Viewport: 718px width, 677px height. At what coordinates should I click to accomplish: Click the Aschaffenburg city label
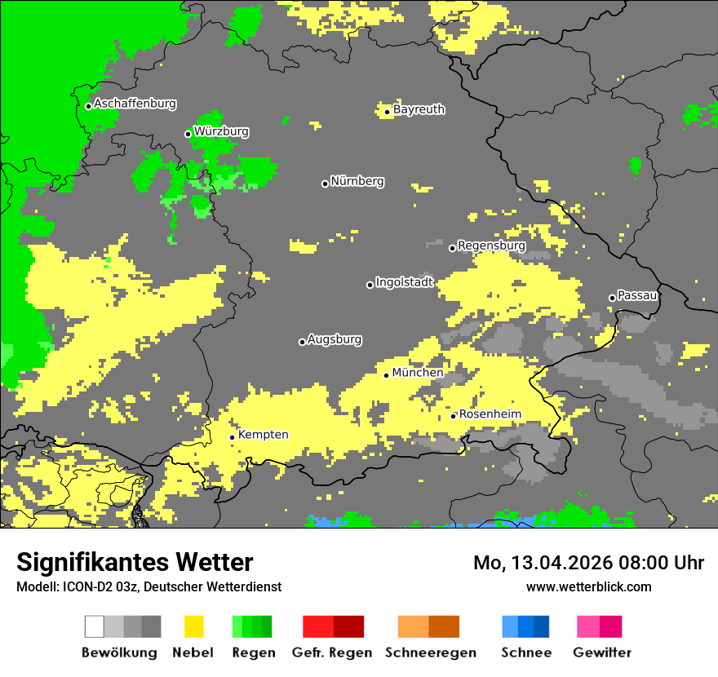click(135, 104)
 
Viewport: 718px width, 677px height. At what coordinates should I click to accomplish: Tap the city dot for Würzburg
click(188, 134)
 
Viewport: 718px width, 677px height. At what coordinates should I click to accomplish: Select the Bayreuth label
click(419, 109)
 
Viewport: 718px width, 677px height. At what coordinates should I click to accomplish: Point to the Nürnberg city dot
click(325, 184)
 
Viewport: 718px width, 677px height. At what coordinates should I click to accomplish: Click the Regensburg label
click(491, 246)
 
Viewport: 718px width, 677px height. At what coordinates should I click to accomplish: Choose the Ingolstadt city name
click(405, 282)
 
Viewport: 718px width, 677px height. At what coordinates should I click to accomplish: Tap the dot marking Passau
click(612, 298)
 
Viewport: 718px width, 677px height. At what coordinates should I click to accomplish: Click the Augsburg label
click(335, 339)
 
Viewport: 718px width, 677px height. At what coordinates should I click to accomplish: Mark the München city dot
click(387, 375)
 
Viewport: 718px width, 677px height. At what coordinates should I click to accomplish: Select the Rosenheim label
click(490, 414)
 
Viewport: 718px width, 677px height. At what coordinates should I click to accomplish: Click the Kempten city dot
click(233, 437)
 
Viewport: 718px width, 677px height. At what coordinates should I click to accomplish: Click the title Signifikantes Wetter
click(135, 563)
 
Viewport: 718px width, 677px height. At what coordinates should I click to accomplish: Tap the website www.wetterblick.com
click(589, 586)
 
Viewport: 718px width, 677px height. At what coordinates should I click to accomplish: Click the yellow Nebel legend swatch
click(193, 626)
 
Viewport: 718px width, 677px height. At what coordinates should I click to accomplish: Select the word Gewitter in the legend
click(602, 653)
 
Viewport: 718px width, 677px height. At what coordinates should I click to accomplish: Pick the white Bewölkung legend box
click(95, 626)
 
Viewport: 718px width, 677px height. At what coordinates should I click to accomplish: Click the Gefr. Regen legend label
click(332, 653)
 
